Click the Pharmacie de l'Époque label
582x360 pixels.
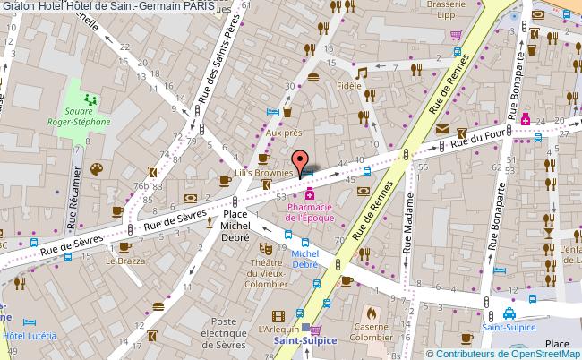tap(310, 212)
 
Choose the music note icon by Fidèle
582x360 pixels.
tap(362, 73)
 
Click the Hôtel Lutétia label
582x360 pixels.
tap(29, 335)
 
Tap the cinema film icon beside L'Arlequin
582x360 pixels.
tap(280, 314)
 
